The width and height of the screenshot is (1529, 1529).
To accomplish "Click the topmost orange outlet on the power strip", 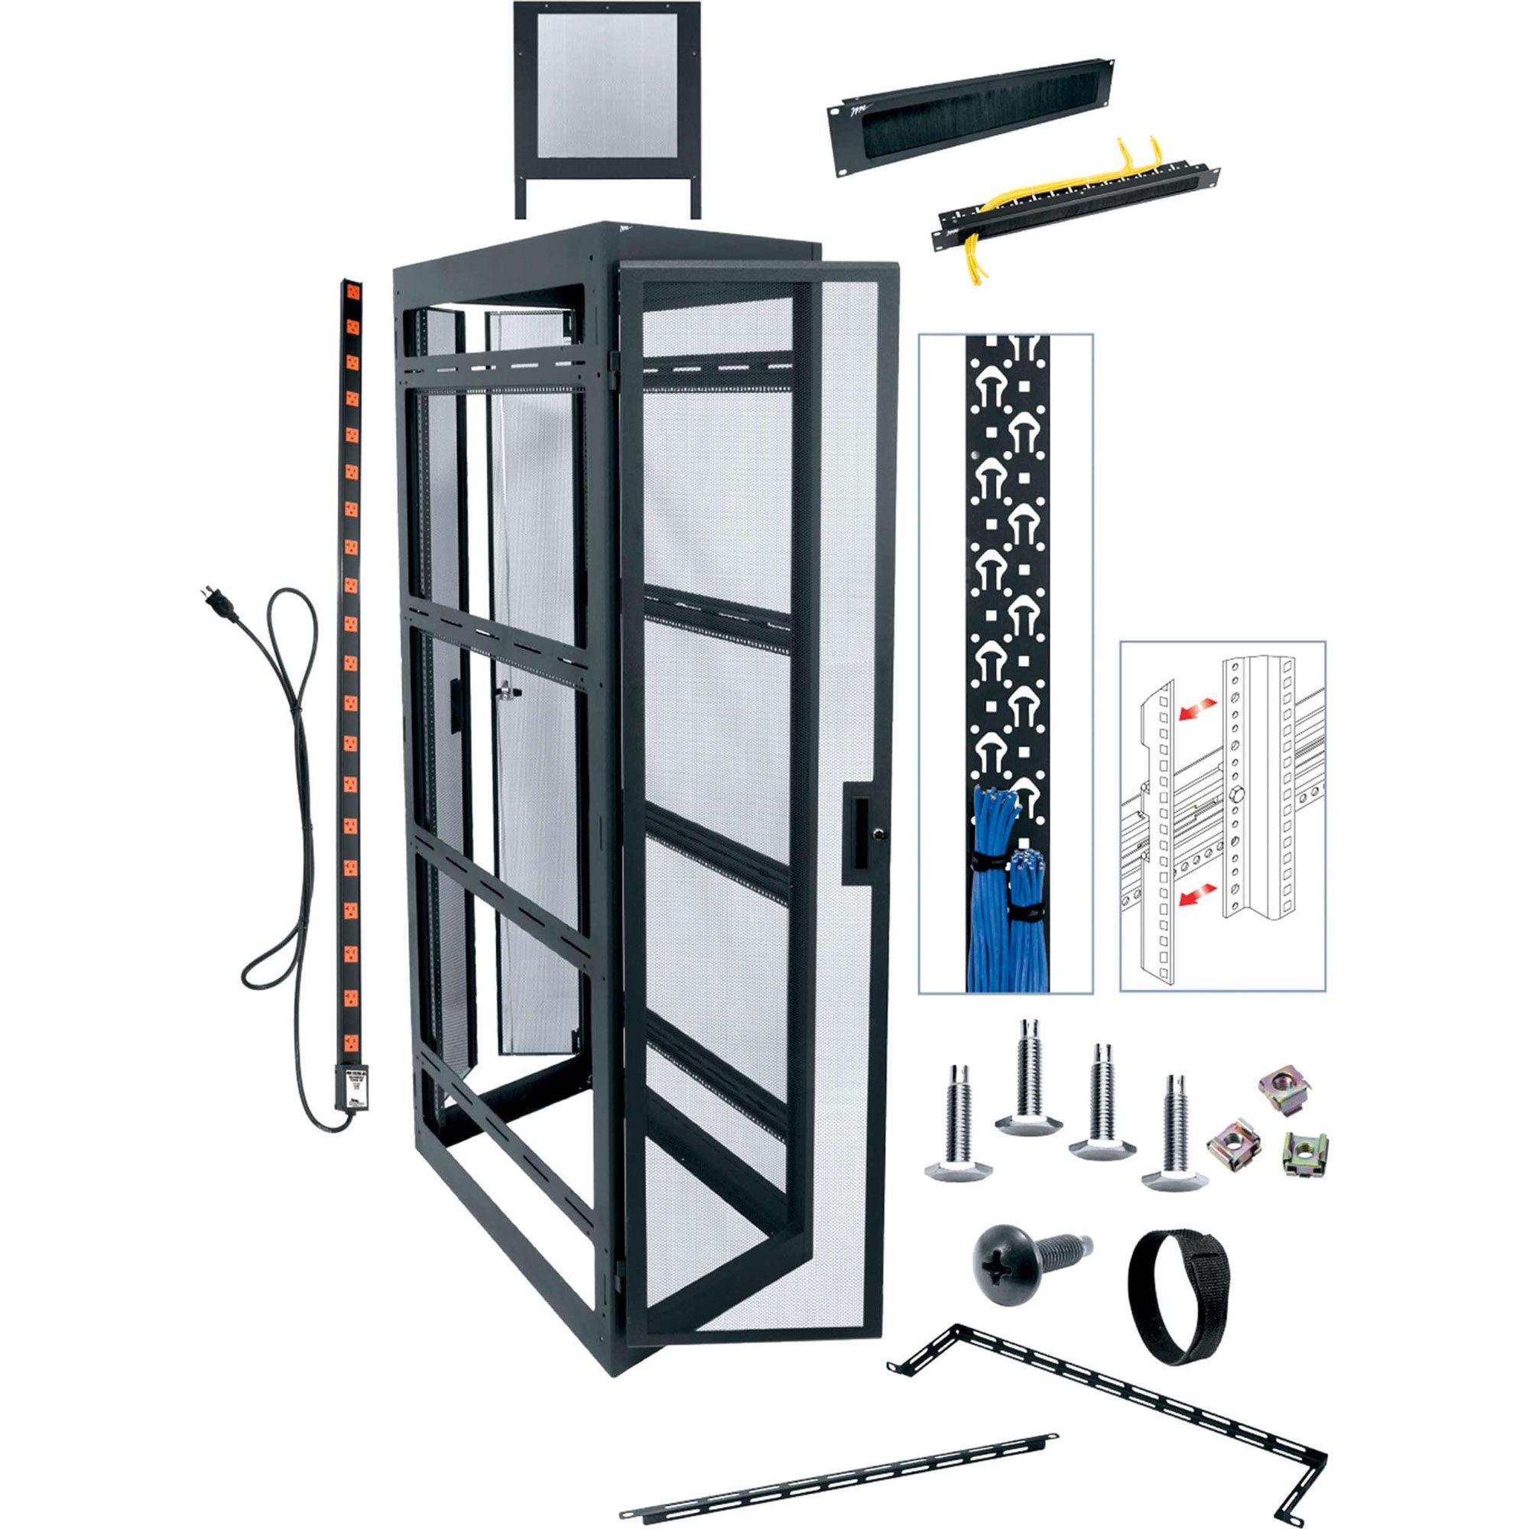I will [x=352, y=291].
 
